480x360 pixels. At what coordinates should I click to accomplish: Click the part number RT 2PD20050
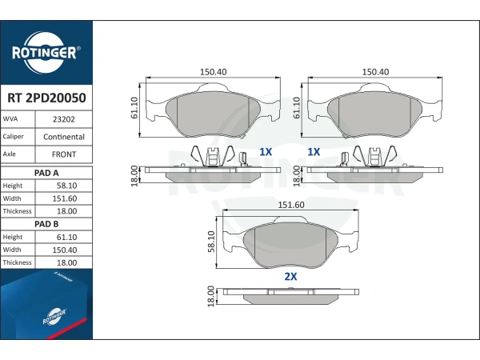pos(46,98)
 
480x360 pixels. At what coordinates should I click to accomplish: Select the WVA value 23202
pos(64,119)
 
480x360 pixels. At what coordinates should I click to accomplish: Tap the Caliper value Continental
pos(64,137)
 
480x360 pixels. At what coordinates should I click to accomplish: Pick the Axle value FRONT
pos(64,154)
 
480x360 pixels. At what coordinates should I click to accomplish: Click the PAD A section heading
pos(46,173)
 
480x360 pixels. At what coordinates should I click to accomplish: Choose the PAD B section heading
pos(46,224)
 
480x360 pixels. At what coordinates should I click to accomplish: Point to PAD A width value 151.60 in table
pos(65,198)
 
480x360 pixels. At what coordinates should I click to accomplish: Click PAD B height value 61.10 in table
pos(66,238)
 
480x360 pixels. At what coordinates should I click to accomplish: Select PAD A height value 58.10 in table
pos(66,186)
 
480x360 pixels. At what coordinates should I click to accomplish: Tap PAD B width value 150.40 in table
pos(65,250)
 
